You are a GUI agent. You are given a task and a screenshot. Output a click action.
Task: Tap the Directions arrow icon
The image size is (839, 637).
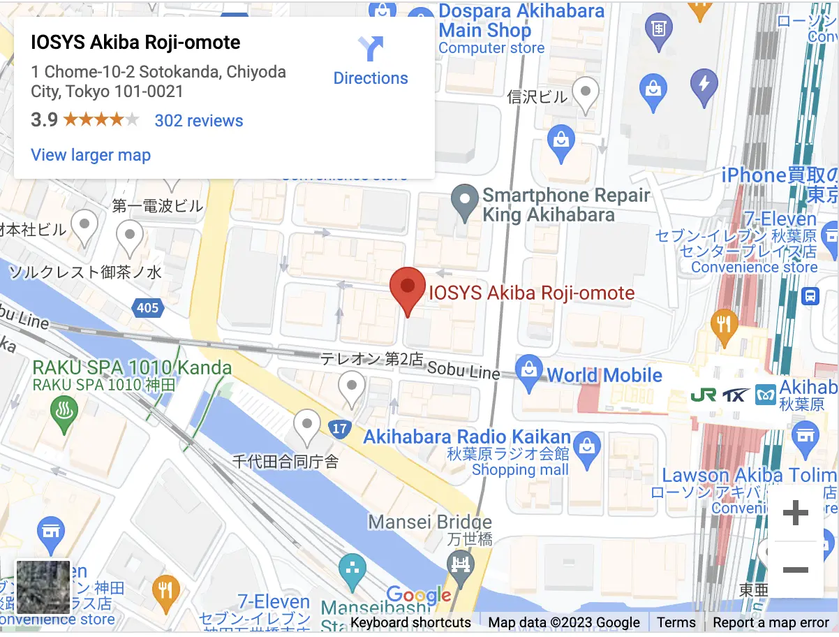coord(371,50)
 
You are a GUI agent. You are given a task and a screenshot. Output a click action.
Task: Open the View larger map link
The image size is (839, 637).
coord(91,155)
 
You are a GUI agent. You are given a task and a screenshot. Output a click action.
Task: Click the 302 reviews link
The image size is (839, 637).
coord(199,121)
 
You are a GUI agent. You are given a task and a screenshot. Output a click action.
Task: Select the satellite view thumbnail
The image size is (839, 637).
coord(43,587)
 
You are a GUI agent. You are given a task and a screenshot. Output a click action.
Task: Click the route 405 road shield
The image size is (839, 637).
coord(148,307)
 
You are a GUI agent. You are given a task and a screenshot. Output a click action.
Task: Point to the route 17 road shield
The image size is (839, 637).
coord(339,429)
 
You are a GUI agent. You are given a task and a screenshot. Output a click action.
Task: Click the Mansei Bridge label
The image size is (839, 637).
coord(430,522)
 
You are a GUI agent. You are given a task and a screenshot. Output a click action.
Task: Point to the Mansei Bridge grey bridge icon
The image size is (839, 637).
coord(461,563)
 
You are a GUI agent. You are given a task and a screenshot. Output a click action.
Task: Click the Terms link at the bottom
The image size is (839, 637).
coord(676,622)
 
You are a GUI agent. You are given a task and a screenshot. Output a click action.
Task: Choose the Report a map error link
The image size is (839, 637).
coord(771,622)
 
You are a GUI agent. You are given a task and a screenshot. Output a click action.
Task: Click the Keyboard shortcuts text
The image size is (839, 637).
coord(410,622)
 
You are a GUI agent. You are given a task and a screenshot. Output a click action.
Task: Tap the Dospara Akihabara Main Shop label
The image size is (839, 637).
coord(521,21)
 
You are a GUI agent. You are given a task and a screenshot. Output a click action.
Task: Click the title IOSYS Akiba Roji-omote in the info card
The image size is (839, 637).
coord(135,43)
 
